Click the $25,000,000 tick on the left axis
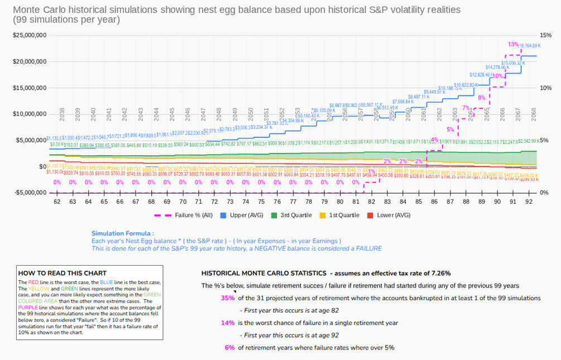(x=29, y=35)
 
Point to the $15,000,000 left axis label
(x=29, y=88)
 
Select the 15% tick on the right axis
(x=545, y=35)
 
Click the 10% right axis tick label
(x=545, y=88)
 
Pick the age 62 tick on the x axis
(x=57, y=201)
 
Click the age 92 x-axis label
(x=529, y=201)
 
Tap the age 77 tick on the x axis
(x=293, y=201)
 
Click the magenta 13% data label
(x=512, y=44)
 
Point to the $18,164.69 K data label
(x=530, y=46)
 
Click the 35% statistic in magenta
(x=228, y=298)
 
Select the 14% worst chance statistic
(x=228, y=323)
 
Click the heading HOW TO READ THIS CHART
(x=62, y=273)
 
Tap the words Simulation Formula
(x=122, y=233)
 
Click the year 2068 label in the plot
(x=533, y=113)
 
